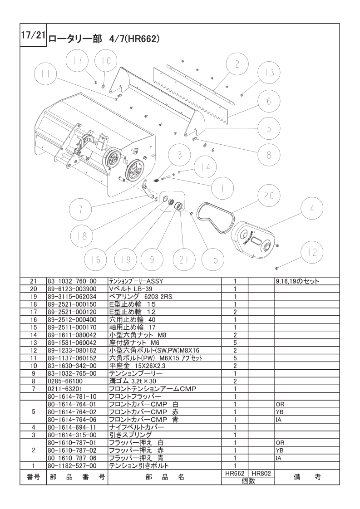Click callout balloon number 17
coord(78,61)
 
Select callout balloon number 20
coord(269,195)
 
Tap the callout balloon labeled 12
coord(312,252)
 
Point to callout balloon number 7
coord(80,209)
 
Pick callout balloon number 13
coord(269,73)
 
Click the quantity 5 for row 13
coord(235,342)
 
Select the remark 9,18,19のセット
coord(297,281)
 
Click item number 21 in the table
coord(33,281)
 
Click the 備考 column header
coord(307,477)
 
